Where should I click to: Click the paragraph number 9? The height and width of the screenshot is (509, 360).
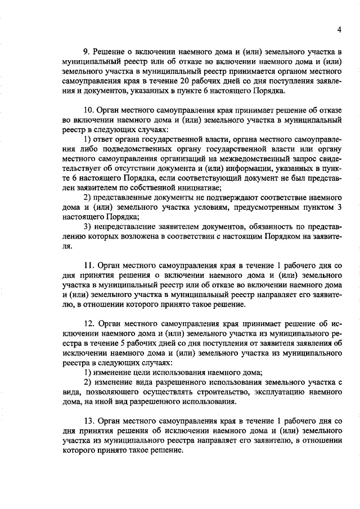86,52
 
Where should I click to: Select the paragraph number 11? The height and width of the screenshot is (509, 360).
88,264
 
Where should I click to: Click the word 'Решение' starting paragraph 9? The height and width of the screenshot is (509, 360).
110,52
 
